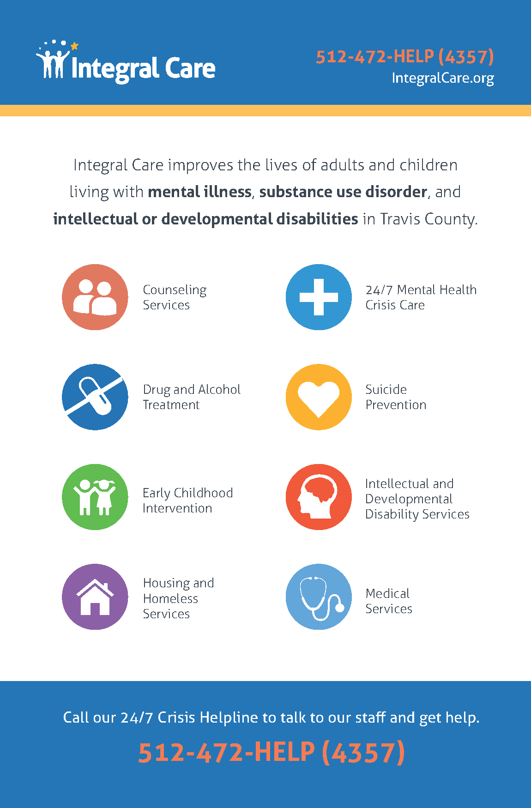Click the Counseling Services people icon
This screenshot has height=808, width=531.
95,297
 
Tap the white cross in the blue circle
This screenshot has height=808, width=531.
319,297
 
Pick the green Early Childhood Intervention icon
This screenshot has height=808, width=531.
95,497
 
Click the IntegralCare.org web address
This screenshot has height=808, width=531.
443,78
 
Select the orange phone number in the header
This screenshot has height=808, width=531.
405,57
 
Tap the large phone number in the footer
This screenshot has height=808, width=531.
272,752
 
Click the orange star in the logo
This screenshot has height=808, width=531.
74,46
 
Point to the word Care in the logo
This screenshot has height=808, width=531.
190,68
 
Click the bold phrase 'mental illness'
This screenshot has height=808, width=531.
199,192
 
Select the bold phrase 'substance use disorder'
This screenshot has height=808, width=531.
343,192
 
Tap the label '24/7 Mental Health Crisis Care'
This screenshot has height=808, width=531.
421,297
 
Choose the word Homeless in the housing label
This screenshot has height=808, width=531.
170,598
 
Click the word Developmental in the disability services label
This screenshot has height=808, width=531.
409,499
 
